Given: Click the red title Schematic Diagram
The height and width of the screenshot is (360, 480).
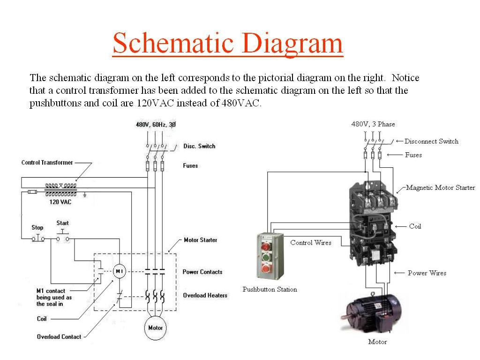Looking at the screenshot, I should coord(228,43).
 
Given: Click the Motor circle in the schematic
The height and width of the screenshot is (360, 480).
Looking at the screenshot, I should coord(155,328).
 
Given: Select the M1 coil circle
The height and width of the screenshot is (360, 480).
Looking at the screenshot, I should coord(119,271).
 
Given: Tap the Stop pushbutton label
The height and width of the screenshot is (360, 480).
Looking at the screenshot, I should coord(37,227).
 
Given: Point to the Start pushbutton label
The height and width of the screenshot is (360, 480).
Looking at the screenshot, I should coord(63,223).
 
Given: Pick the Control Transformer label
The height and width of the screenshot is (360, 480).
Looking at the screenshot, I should coord(47,163).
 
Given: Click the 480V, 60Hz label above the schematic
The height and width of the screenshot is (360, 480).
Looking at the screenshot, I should coord(156,125).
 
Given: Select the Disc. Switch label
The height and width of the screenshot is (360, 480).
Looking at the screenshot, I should coord(199,146).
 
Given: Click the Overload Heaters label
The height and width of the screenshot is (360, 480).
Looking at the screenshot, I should coord(205,295).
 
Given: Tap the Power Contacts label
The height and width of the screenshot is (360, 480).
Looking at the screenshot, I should coord(202,272).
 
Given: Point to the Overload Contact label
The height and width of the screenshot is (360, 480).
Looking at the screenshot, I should coord(59,337).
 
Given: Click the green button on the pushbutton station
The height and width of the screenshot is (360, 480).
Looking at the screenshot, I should coord(266,257).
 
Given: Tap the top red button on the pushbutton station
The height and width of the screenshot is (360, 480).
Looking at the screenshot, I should coord(266,246).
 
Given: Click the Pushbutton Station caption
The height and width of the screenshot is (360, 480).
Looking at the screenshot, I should coord(270,289).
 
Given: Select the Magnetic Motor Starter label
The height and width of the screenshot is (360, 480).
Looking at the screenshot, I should coord(440,187).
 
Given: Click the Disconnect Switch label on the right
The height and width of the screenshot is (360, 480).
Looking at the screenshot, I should coord(431,141).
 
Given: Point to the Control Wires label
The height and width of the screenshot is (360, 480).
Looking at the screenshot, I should coord(311,242).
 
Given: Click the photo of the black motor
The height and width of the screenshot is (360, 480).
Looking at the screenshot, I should coord(373,312).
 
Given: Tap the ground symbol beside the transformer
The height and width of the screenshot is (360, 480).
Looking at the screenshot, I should coord(85,193).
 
